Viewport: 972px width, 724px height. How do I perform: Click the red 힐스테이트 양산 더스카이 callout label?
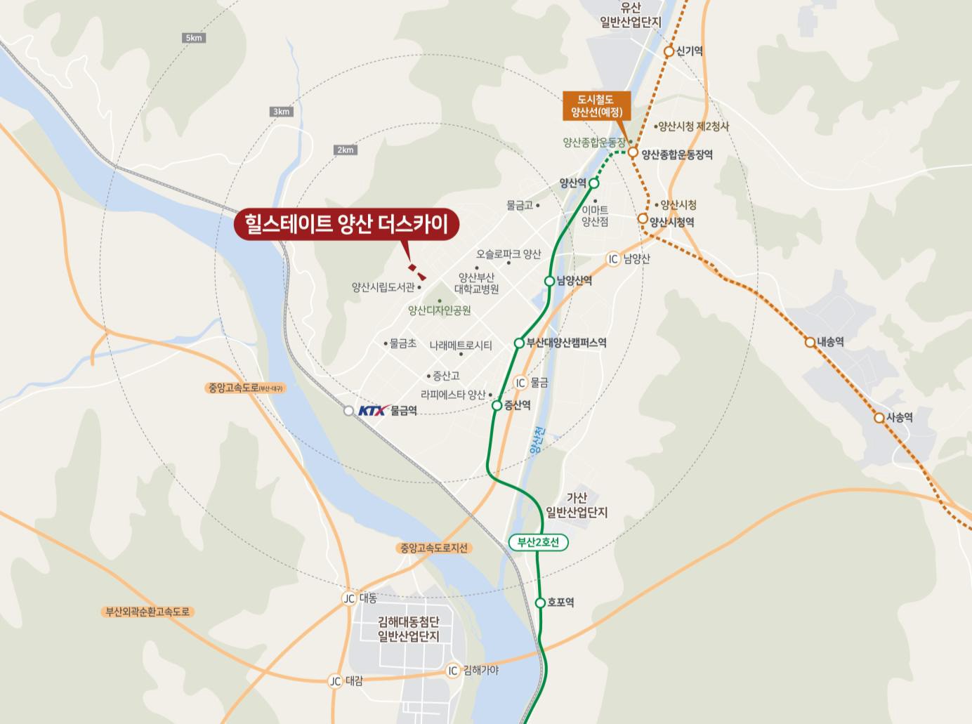[346, 224]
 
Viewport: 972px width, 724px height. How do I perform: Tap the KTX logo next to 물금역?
[372, 411]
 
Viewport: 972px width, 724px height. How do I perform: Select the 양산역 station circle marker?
[593, 183]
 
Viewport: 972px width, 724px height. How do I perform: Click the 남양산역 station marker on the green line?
[549, 281]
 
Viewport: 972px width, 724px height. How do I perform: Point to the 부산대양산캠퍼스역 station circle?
[519, 343]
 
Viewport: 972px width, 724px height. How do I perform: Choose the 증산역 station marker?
[497, 405]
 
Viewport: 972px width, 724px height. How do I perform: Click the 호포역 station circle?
[540, 603]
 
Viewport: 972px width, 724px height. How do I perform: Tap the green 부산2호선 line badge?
[538, 542]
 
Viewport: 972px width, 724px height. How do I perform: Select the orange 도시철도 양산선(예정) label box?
[596, 105]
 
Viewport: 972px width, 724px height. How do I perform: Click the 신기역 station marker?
[669, 51]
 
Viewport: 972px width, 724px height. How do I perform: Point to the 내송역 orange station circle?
[810, 343]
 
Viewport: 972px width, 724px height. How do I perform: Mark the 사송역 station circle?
[879, 418]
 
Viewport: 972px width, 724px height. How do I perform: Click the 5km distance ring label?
[194, 37]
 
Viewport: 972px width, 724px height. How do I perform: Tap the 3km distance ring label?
[281, 112]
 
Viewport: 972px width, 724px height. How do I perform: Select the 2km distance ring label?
[345, 150]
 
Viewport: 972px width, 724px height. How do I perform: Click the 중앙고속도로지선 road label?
[433, 548]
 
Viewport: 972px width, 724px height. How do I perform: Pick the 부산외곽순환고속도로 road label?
[147, 612]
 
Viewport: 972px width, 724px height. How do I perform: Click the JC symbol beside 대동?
[349, 598]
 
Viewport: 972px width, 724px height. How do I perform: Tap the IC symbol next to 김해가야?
[453, 671]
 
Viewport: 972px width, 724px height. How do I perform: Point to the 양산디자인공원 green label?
[439, 310]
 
